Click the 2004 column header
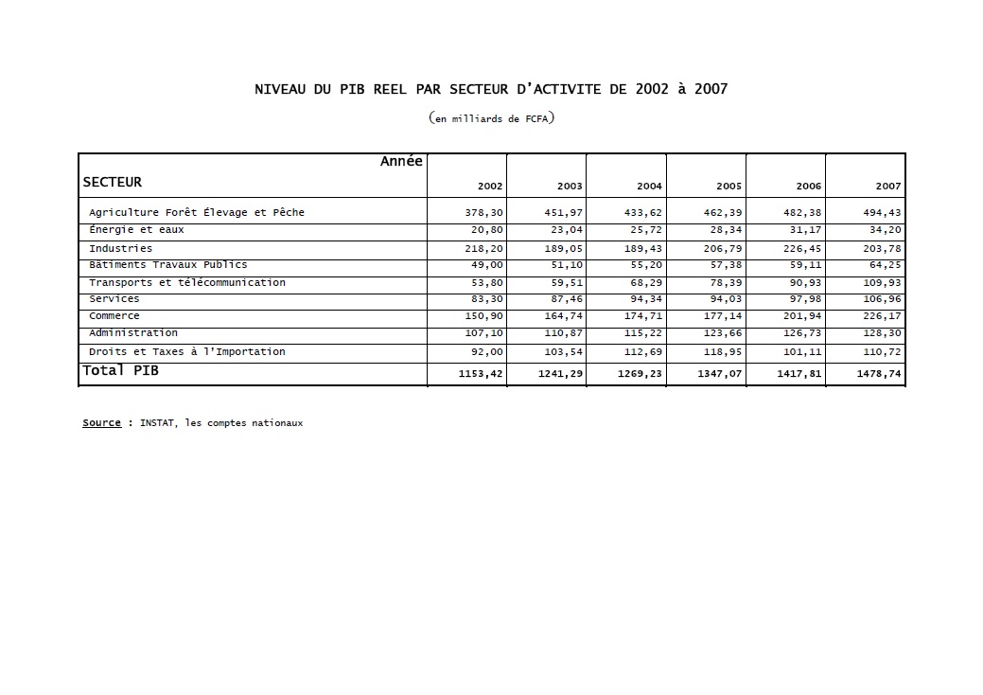click(649, 187)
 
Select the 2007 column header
click(887, 187)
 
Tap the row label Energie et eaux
click(136, 230)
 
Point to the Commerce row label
click(114, 316)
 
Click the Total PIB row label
click(120, 371)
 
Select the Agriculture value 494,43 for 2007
click(882, 213)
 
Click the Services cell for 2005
click(723, 299)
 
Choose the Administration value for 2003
click(564, 333)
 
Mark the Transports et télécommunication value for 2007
click(882, 283)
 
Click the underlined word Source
click(101, 423)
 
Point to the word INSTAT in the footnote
click(157, 423)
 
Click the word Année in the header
click(401, 162)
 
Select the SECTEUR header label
click(112, 182)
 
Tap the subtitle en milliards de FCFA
click(491, 119)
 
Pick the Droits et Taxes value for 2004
click(643, 352)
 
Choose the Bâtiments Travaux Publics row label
click(167, 265)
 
